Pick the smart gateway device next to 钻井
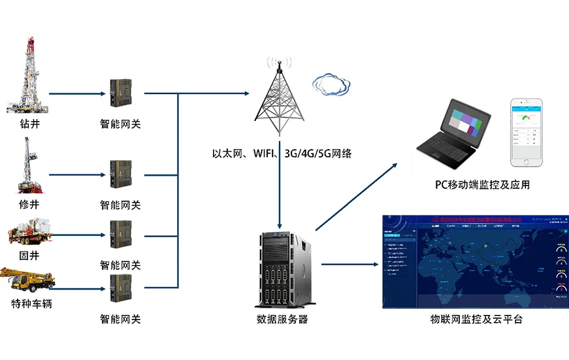(x=120, y=92)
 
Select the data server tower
(x=282, y=269)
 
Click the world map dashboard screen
(x=474, y=261)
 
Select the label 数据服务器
(x=282, y=319)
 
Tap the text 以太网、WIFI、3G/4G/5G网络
(x=282, y=154)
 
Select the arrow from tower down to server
(x=280, y=189)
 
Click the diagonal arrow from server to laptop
(x=357, y=196)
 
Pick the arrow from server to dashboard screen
(x=350, y=265)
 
